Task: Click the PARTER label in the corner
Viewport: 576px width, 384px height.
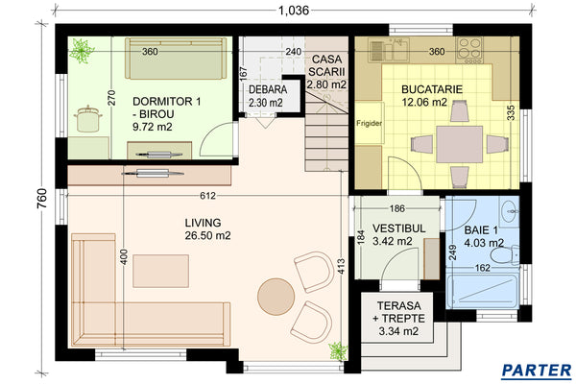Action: (537, 369)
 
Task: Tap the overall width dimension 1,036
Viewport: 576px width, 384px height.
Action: (296, 11)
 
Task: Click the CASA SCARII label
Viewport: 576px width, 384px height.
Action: (326, 72)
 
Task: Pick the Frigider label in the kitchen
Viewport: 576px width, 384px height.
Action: (370, 124)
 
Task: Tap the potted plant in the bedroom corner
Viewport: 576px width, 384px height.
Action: (83, 48)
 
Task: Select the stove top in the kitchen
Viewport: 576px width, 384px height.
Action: (473, 44)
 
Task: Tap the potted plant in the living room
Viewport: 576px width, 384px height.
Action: (336, 349)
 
